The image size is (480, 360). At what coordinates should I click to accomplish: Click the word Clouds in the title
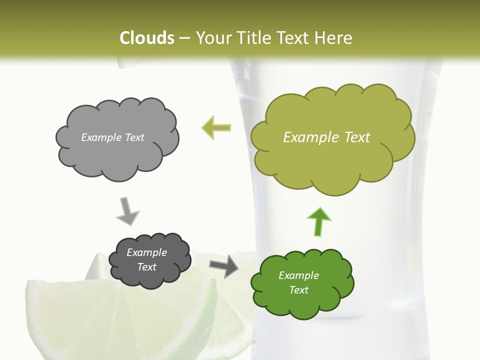point(146,38)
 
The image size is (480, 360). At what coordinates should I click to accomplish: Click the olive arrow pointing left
point(216,127)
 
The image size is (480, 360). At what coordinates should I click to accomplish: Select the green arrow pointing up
point(319,221)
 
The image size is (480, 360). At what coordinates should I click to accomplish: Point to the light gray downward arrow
point(127,211)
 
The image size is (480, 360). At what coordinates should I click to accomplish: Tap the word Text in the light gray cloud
point(133,137)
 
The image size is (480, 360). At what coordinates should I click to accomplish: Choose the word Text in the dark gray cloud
point(147,267)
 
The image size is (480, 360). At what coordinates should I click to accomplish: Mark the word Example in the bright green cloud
point(298,275)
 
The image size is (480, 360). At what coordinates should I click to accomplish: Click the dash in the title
point(184,38)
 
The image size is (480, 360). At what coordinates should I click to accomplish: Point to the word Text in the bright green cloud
point(298,290)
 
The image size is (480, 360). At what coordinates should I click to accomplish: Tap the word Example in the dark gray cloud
point(147,252)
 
